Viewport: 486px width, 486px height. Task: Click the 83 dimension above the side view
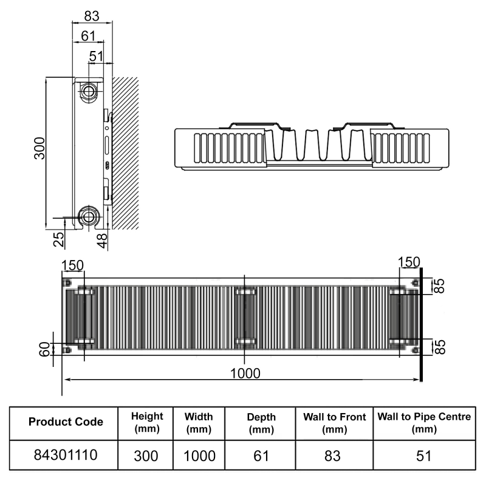tap(92, 14)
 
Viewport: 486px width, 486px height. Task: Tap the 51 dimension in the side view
tap(96, 56)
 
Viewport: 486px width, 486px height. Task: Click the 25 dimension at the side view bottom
tap(59, 239)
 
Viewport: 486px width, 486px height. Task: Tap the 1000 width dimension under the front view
tap(244, 372)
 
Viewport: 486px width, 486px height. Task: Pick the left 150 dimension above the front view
tap(72, 266)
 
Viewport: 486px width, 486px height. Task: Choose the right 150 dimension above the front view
tap(408, 262)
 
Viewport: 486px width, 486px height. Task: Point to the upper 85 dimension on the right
tap(439, 286)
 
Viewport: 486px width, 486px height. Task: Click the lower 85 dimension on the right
tap(439, 347)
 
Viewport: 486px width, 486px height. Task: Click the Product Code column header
tap(66, 422)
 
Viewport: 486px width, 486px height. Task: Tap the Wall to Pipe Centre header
tap(424, 422)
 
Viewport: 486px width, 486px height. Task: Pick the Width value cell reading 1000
tap(199, 454)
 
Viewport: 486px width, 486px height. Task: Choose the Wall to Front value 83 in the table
tap(334, 454)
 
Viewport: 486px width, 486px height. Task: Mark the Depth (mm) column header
tap(261, 422)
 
